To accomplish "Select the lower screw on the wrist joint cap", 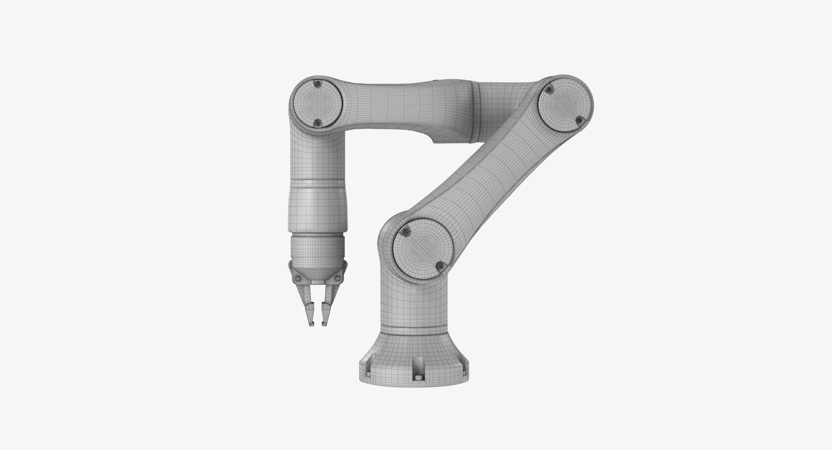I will coord(317,123).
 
